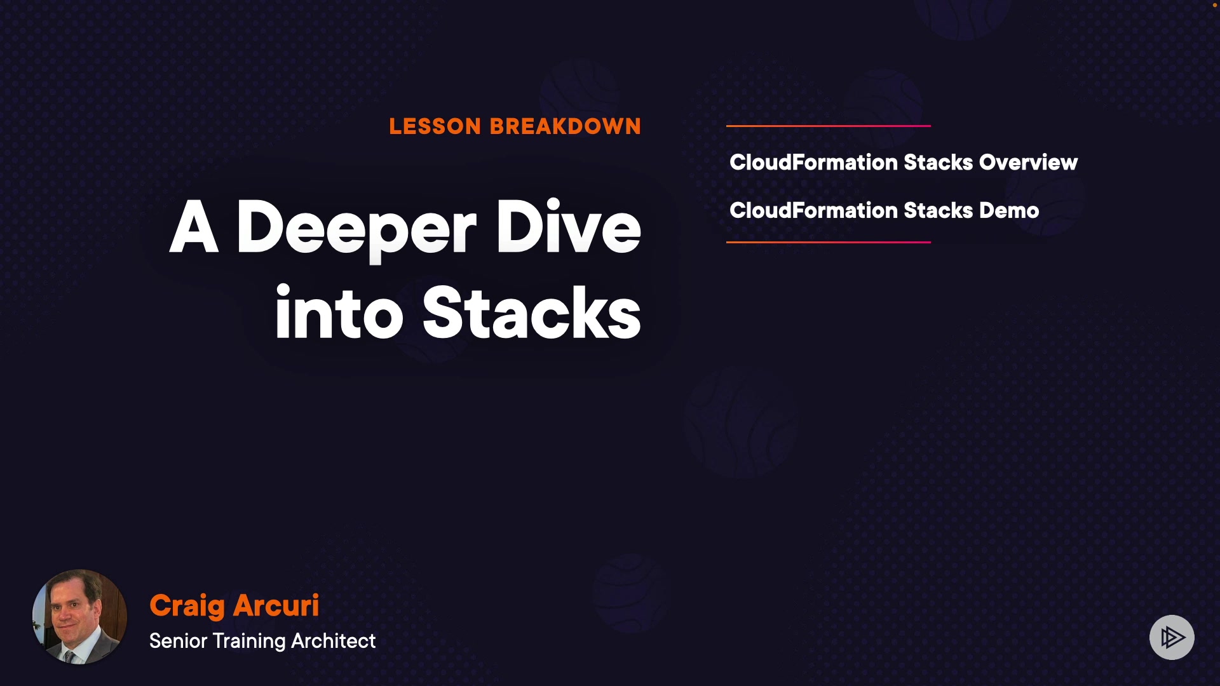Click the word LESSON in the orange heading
pyautogui.click(x=435, y=126)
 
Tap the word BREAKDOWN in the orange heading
pyautogui.click(x=566, y=126)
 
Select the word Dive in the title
pyautogui.click(x=569, y=227)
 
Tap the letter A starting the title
pyautogui.click(x=194, y=227)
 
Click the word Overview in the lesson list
pyautogui.click(x=1028, y=163)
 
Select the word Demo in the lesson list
pyautogui.click(x=1009, y=211)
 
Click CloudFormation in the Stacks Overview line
pyautogui.click(x=813, y=163)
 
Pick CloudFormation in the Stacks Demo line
pyautogui.click(x=813, y=211)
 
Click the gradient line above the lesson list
pyautogui.click(x=829, y=126)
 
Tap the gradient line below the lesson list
pyautogui.click(x=829, y=242)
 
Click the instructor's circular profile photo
pyautogui.click(x=79, y=617)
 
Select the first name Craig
pyautogui.click(x=187, y=607)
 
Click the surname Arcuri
pyautogui.click(x=276, y=606)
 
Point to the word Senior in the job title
pyautogui.click(x=179, y=641)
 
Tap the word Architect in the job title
pyautogui.click(x=334, y=641)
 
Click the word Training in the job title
pyautogui.click(x=249, y=642)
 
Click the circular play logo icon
pyautogui.click(x=1172, y=637)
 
